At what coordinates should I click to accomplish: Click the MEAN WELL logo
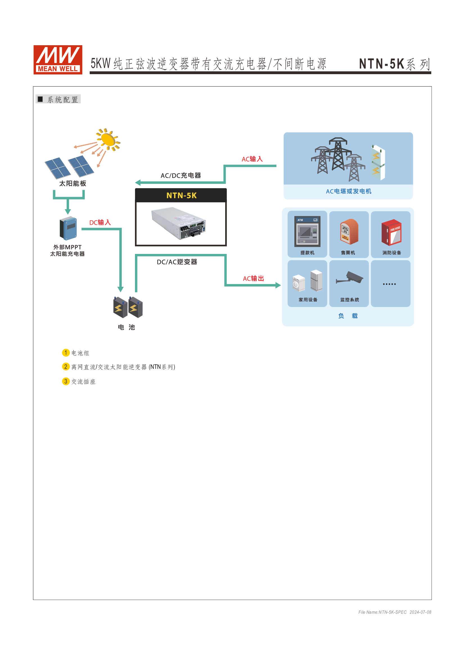click(58, 60)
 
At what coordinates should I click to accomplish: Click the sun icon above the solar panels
click(108, 139)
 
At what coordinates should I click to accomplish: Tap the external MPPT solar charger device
click(68, 228)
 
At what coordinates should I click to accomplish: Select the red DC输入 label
click(100, 222)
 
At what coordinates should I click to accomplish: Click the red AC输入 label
click(252, 159)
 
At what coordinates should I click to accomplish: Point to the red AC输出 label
click(253, 278)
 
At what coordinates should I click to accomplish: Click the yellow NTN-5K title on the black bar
click(182, 195)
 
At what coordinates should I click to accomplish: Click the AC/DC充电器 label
click(181, 175)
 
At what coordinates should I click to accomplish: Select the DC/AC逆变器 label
click(177, 262)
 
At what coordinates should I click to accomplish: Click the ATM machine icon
click(307, 231)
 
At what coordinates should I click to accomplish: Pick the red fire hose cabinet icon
click(391, 232)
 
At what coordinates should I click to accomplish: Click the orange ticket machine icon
click(349, 231)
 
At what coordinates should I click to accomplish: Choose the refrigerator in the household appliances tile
click(316, 280)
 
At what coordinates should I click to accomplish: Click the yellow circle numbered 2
click(66, 367)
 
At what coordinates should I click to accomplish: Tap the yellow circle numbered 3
click(66, 381)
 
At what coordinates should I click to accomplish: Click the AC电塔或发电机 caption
click(348, 191)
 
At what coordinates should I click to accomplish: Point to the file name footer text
click(394, 612)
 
